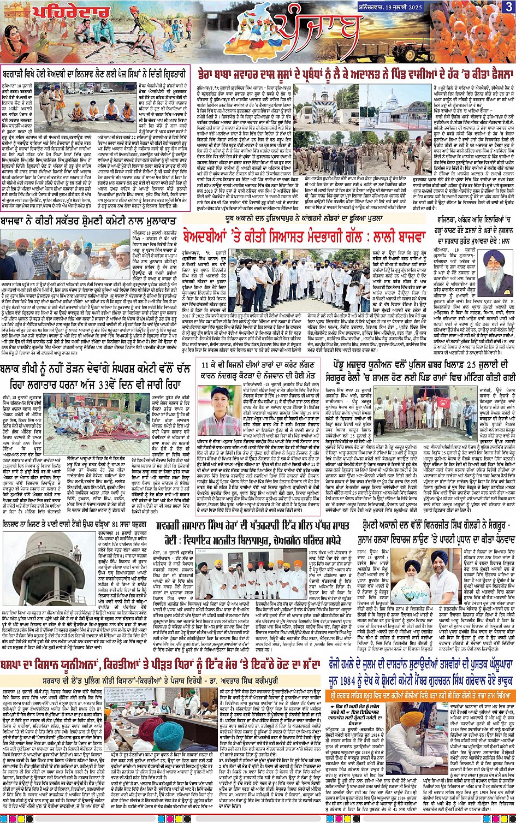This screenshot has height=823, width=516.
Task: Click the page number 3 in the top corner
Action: pyautogui.click(x=508, y=7)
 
